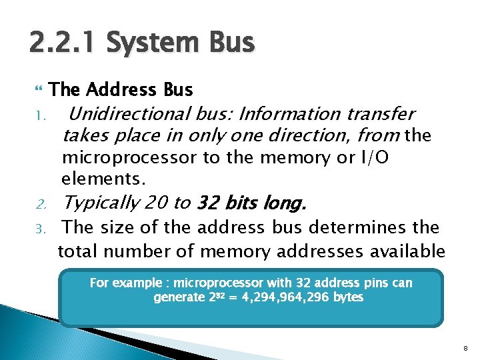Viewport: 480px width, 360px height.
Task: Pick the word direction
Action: click(309, 136)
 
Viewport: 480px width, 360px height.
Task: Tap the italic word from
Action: click(378, 136)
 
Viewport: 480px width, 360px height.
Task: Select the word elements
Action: click(103, 179)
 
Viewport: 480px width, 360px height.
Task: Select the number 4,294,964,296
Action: click(282, 297)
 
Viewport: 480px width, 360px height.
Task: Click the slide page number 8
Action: click(464, 347)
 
